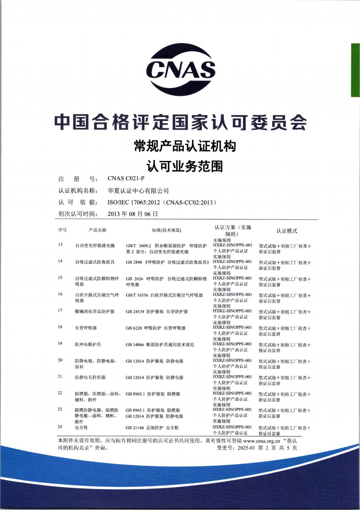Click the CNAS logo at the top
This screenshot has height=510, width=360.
[x=180, y=69]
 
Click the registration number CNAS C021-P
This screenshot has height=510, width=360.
[x=126, y=178]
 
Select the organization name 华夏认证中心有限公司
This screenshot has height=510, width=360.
[x=138, y=191]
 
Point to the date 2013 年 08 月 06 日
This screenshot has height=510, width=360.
[x=133, y=214]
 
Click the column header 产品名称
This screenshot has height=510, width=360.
[x=98, y=230]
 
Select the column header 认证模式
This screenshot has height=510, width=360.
[x=287, y=231]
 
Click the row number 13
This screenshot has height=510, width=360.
[x=60, y=245]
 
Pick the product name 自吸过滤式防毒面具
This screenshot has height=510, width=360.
[x=95, y=262]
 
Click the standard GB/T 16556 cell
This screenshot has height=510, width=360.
[x=164, y=295]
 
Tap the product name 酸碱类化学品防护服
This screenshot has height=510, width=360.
[x=95, y=311]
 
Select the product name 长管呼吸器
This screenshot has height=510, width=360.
[x=86, y=328]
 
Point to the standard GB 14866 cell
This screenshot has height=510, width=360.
[x=160, y=345]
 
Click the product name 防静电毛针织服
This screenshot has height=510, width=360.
[x=90, y=377]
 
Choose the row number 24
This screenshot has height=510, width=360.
[x=60, y=427]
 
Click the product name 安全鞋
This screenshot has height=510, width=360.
[x=81, y=427]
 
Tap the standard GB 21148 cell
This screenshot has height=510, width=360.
[x=152, y=428]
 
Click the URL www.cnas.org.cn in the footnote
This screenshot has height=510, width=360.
[x=261, y=441]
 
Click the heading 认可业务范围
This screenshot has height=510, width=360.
[x=184, y=166]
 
